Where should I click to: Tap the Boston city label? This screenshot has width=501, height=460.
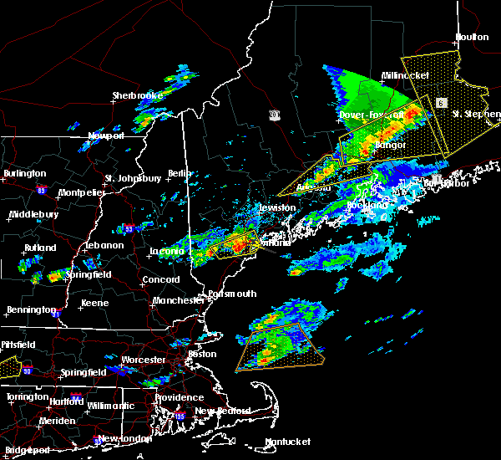pos(203,354)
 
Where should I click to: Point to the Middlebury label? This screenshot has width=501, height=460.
pos(33,215)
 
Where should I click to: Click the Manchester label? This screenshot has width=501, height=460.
pos(179,299)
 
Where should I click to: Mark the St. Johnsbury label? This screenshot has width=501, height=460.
pos(133,178)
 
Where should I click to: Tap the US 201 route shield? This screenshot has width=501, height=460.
pos(275,114)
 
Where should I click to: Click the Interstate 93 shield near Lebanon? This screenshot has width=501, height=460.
pos(128,227)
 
